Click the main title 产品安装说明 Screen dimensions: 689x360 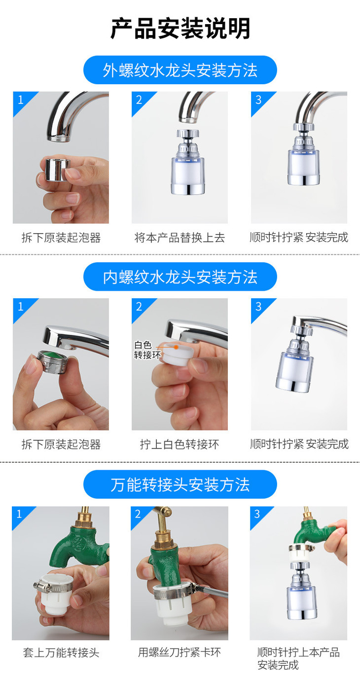pos(180,29)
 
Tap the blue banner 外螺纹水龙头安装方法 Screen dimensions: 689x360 pos(180,70)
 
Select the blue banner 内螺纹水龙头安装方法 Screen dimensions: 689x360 pos(180,277)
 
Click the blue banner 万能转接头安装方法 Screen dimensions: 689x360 pos(180,485)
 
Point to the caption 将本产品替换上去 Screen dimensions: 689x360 pos(180,238)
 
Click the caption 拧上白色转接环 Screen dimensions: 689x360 pos(180,445)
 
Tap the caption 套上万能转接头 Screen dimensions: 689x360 pos(61,653)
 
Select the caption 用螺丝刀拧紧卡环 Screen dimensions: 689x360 pos(180,653)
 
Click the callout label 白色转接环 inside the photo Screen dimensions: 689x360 pos(146,350)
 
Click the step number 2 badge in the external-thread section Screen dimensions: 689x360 pos(139,100)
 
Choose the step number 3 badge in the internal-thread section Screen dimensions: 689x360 pos(258,307)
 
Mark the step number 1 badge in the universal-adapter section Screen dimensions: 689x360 pos(19,515)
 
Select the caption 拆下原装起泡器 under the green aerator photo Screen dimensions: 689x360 pos(61,445)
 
